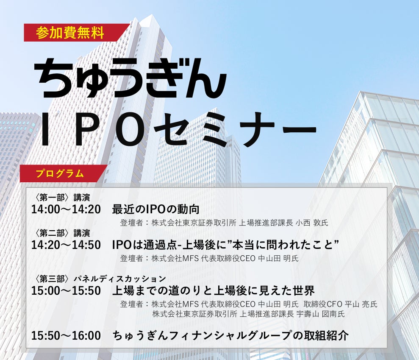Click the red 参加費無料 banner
(70, 33)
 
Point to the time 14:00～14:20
(66, 209)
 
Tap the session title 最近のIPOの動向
(155, 209)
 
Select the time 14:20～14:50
(66, 245)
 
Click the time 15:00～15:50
(66, 291)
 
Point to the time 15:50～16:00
(66, 336)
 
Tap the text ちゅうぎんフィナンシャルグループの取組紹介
(230, 336)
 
